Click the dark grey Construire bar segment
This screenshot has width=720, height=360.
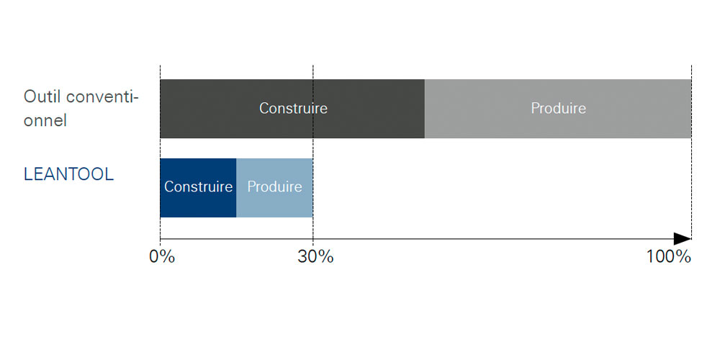pyautogui.click(x=292, y=109)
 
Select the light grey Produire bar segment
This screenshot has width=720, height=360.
pyautogui.click(x=558, y=109)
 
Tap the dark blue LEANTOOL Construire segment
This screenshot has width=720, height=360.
pyautogui.click(x=198, y=188)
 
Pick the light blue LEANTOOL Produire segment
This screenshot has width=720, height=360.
pyautogui.click(x=274, y=188)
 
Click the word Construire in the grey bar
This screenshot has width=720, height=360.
pyautogui.click(x=293, y=109)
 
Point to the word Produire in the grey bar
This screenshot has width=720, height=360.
pyautogui.click(x=559, y=109)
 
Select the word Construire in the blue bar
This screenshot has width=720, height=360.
pyautogui.click(x=199, y=187)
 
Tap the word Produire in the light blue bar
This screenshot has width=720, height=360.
pyautogui.click(x=274, y=187)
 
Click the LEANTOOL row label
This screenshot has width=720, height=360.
pyautogui.click(x=68, y=174)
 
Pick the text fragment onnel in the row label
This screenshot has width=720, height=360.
pyautogui.click(x=45, y=121)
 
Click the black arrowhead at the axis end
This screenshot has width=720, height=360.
pyautogui.click(x=683, y=239)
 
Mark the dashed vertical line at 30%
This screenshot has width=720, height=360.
pyautogui.click(x=312, y=152)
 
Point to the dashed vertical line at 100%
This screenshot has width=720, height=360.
pyautogui.click(x=691, y=152)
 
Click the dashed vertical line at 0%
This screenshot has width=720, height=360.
pyautogui.click(x=160, y=152)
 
